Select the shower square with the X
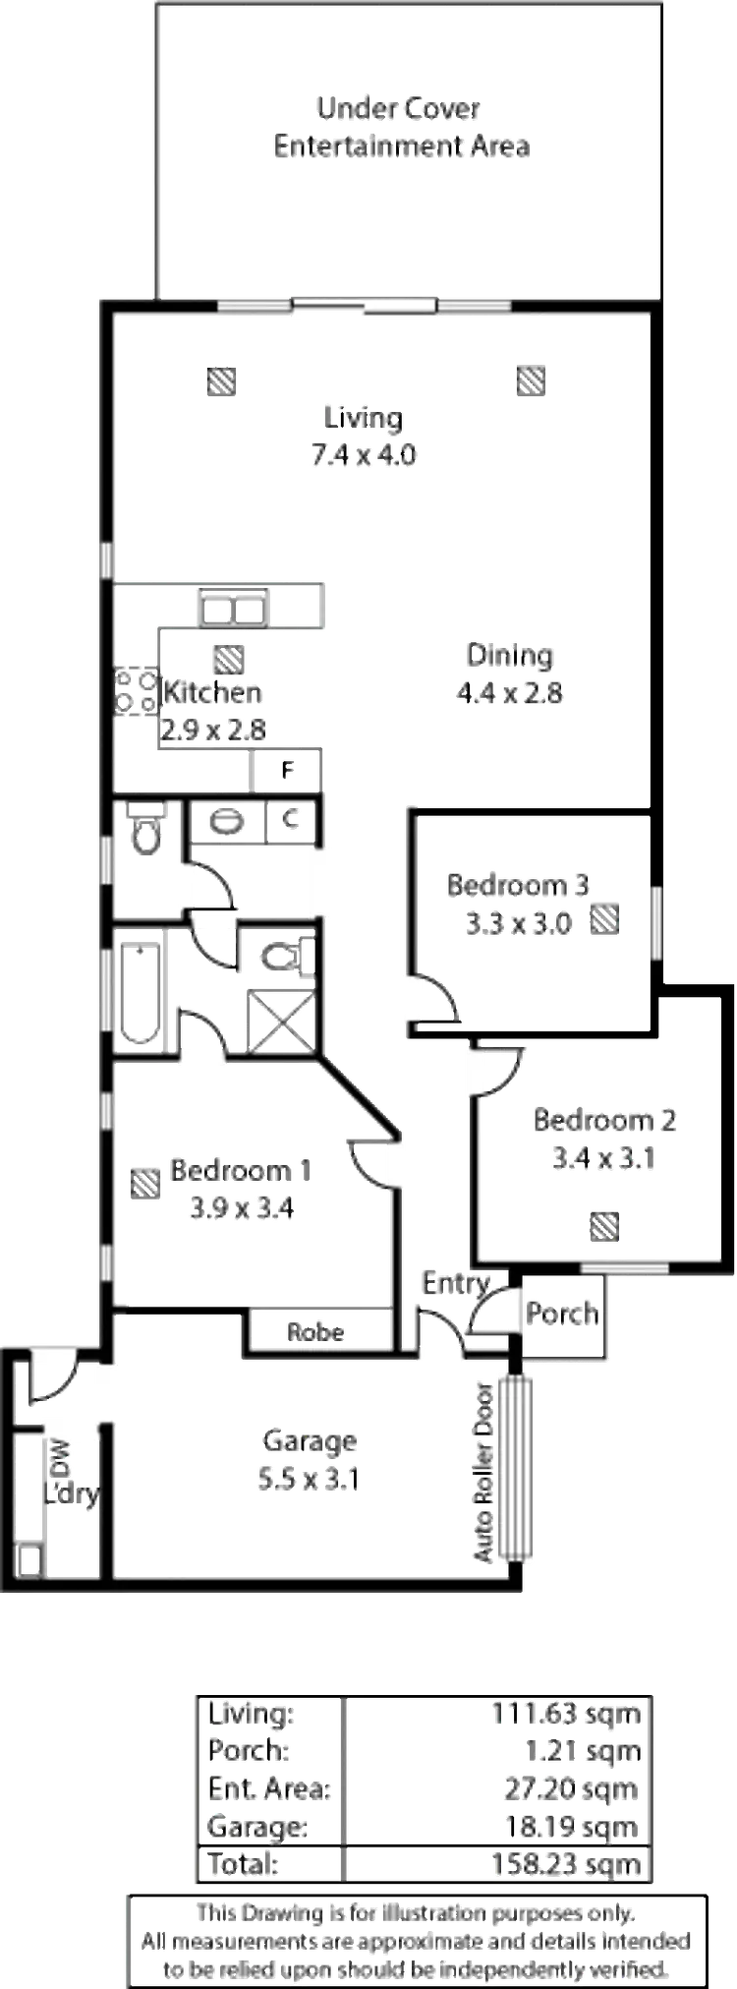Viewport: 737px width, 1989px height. coord(280,1017)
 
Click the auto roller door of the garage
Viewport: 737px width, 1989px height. coord(513,1466)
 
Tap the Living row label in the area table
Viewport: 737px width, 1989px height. coord(248,1715)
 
